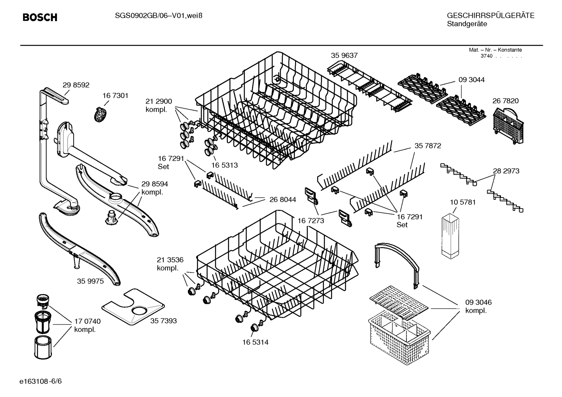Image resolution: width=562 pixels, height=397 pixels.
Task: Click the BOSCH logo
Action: (x=40, y=18)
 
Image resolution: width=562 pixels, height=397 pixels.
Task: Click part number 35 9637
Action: (x=344, y=56)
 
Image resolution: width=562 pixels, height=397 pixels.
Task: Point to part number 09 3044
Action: (x=472, y=80)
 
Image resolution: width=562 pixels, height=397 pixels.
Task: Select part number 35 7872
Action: (x=428, y=146)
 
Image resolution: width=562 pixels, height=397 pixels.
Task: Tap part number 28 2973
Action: (x=506, y=171)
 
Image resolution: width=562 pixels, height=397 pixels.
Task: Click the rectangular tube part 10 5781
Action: (x=451, y=235)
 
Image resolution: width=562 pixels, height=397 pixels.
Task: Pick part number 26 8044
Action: (x=283, y=199)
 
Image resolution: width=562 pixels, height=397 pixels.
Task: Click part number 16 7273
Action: (x=311, y=221)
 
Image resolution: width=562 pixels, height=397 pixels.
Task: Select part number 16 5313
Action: (x=224, y=165)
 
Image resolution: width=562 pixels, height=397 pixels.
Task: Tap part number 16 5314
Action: (x=255, y=342)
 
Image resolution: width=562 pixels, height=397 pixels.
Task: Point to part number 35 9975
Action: (x=90, y=281)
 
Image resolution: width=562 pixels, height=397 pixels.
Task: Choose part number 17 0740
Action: (x=87, y=321)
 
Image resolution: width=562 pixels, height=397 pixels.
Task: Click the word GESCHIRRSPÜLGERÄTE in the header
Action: (x=490, y=16)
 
